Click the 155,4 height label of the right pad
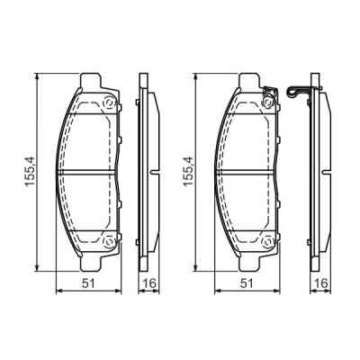(x=187, y=172)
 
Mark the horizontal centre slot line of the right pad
(x=247, y=171)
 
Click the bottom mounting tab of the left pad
(x=94, y=262)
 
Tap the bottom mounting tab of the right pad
(x=252, y=262)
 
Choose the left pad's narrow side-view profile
(x=146, y=171)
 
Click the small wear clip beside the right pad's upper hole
(x=268, y=89)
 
